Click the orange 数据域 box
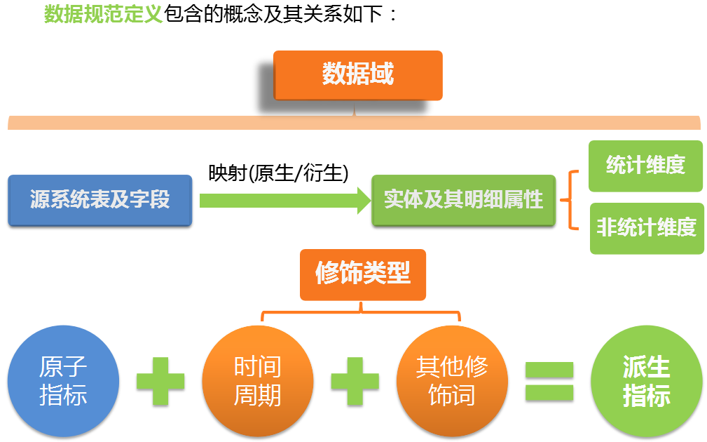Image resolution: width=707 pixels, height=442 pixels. click(x=357, y=75)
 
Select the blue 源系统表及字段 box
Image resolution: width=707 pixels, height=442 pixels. click(x=100, y=200)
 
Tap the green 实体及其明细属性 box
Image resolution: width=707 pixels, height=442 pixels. click(x=464, y=200)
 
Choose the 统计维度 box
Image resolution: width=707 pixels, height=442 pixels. click(x=645, y=166)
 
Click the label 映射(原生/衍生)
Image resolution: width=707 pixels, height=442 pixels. click(x=278, y=173)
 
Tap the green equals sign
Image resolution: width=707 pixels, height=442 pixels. click(x=549, y=381)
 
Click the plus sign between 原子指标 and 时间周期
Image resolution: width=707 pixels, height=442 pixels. click(x=160, y=381)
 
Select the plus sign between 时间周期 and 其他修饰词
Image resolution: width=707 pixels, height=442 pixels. click(x=355, y=381)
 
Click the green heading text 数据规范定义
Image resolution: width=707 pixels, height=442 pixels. click(x=103, y=14)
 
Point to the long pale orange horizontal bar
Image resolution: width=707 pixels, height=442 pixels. click(x=354, y=122)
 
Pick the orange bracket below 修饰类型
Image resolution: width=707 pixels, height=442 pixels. click(x=361, y=311)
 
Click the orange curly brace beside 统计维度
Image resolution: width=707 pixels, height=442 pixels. click(x=569, y=200)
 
